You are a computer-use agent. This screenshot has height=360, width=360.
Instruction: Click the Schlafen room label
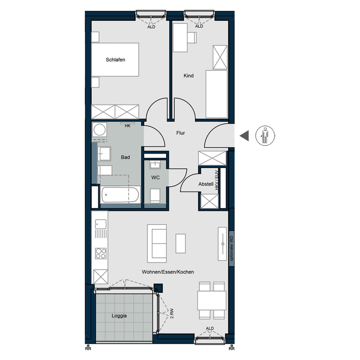[115, 60]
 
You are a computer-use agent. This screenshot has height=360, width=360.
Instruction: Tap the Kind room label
[189, 76]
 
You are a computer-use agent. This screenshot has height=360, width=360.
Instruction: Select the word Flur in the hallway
[181, 133]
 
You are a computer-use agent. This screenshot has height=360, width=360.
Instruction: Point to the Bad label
[125, 157]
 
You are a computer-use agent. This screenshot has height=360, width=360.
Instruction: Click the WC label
[156, 177]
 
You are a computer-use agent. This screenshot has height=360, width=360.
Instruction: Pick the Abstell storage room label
[206, 184]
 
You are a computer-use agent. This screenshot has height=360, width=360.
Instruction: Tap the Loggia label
[119, 316]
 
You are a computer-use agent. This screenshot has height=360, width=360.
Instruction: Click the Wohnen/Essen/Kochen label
[168, 272]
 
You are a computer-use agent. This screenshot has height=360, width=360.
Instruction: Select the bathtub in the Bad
[120, 195]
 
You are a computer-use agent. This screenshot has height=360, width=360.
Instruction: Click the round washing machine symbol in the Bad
[99, 130]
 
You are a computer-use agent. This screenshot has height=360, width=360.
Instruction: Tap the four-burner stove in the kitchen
[100, 253]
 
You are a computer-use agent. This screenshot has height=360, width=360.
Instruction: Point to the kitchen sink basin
[100, 224]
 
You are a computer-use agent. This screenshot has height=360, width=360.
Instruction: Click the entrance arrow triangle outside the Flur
[244, 135]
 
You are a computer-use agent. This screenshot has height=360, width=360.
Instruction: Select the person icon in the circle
[265, 135]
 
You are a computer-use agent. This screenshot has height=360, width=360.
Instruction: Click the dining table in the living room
[212, 300]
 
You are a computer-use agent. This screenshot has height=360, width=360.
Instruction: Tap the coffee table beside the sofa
[181, 243]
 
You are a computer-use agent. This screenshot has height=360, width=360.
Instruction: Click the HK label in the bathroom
[127, 126]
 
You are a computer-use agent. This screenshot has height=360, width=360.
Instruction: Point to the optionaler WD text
[232, 248]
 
